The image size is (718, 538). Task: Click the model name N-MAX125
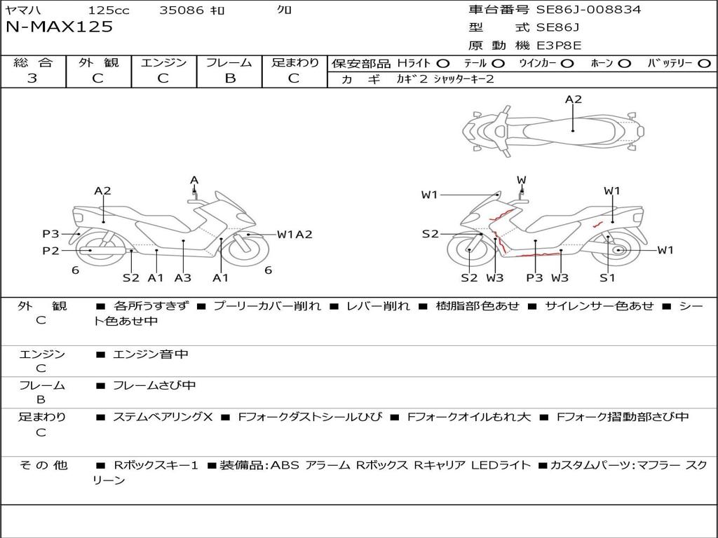click(59, 27)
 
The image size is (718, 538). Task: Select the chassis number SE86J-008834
click(589, 9)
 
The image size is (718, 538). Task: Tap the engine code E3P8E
click(559, 46)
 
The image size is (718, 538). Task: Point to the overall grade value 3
click(32, 78)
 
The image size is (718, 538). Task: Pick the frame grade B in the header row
click(230, 78)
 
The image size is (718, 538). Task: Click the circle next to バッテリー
click(704, 64)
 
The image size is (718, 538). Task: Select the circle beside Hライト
click(443, 64)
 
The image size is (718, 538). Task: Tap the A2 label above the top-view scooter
click(574, 99)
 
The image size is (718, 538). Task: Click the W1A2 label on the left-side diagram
click(295, 235)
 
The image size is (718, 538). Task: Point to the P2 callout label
click(50, 251)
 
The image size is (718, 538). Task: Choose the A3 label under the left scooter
click(183, 277)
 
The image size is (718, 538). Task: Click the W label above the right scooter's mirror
click(522, 180)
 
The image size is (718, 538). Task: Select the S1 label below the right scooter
click(607, 277)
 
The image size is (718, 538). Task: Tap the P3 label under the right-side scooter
click(534, 277)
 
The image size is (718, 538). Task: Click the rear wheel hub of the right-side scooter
click(618, 250)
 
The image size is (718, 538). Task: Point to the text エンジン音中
click(151, 354)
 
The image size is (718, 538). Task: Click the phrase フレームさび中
click(154, 386)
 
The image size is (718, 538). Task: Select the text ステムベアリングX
click(163, 417)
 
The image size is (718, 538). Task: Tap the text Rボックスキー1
click(156, 465)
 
